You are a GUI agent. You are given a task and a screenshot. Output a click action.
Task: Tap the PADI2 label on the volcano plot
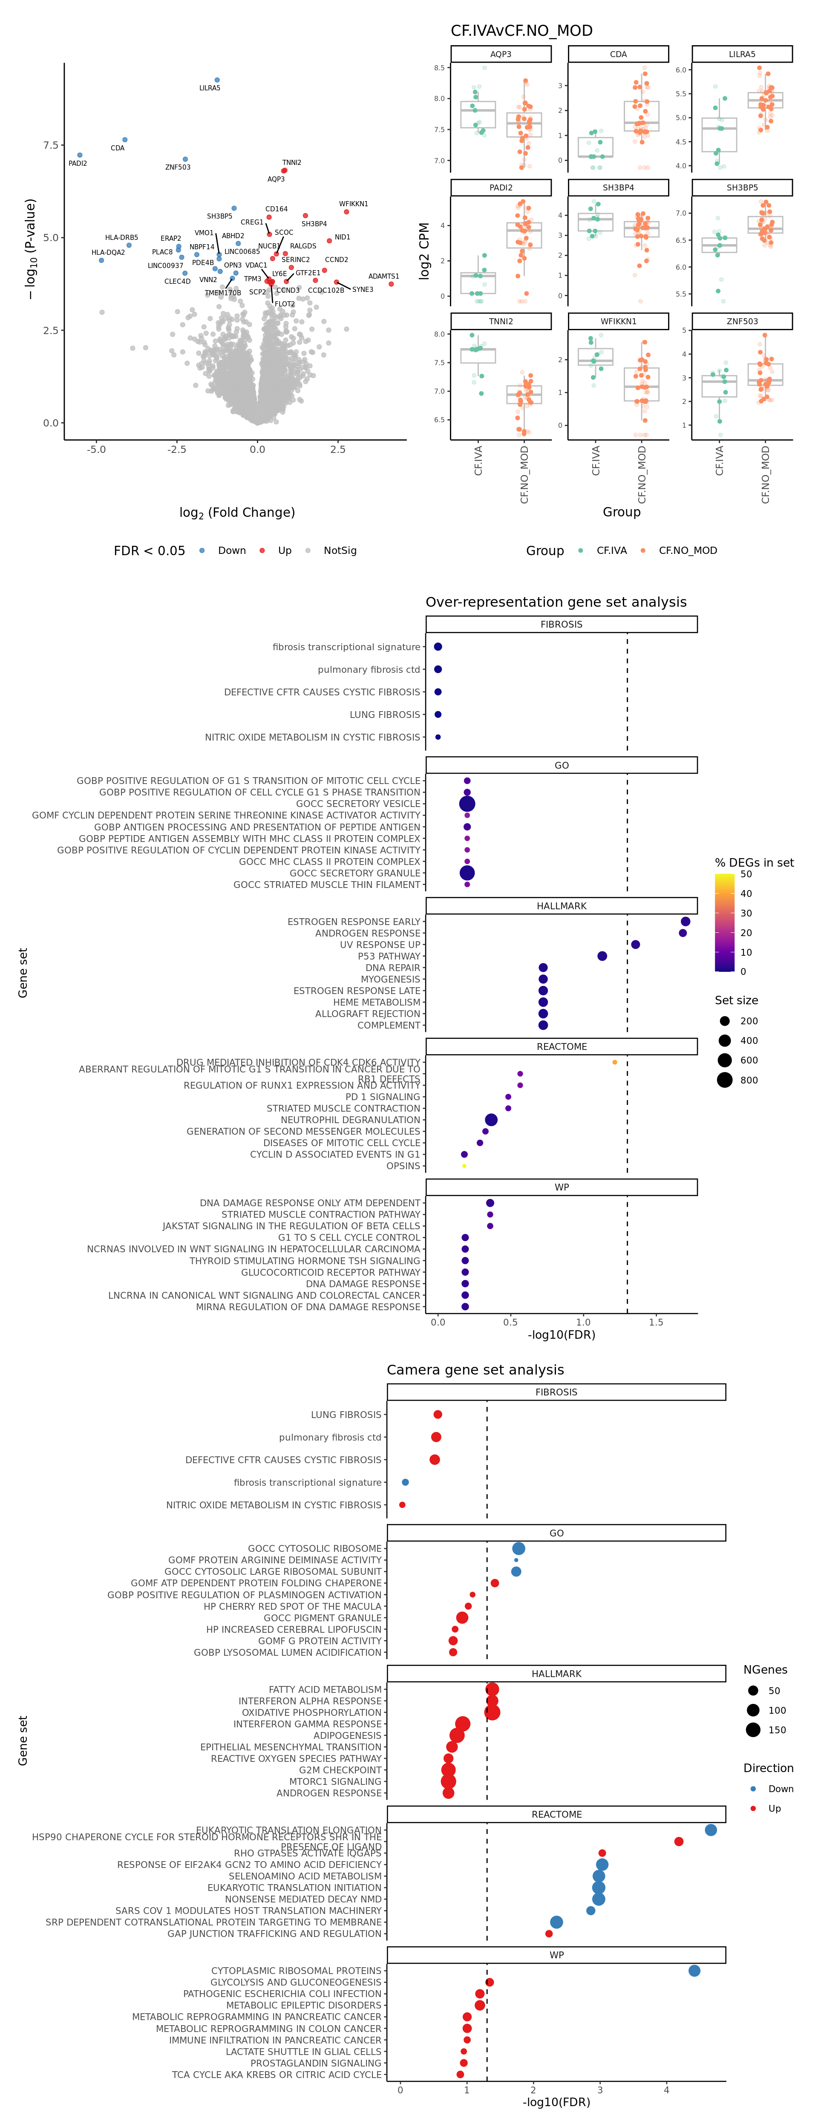click(78, 164)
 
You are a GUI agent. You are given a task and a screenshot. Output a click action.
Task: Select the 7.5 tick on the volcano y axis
click(51, 145)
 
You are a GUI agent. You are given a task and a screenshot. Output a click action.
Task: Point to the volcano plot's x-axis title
click(237, 513)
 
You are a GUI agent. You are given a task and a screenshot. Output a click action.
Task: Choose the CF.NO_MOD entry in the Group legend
click(687, 551)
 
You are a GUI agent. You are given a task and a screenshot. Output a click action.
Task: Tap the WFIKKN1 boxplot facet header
click(618, 321)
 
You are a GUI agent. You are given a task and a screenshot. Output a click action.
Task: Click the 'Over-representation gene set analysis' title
click(556, 602)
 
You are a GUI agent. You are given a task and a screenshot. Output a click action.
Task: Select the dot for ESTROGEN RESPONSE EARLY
click(685, 922)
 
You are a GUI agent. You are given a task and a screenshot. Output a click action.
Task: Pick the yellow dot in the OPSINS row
click(464, 1166)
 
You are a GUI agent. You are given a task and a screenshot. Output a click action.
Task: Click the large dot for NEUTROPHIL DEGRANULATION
click(491, 1120)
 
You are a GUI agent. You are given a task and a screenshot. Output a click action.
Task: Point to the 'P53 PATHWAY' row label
click(389, 956)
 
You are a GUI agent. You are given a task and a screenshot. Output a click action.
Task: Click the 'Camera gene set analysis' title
click(475, 1370)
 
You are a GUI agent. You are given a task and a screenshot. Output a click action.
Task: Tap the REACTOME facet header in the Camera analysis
click(556, 1814)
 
